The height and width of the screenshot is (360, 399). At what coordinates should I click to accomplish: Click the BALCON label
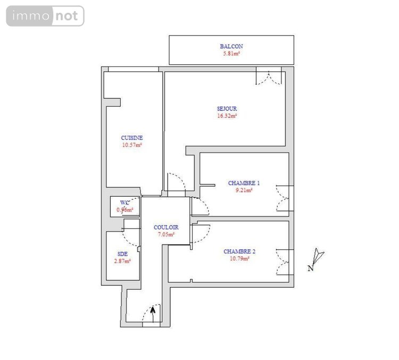coord(231,46)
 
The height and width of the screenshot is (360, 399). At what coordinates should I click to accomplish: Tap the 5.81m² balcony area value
coord(231,54)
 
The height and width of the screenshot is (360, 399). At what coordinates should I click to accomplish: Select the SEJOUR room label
coord(227,108)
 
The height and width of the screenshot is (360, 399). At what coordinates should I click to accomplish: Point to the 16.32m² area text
coord(227,115)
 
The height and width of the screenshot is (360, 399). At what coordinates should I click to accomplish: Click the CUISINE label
coord(132,138)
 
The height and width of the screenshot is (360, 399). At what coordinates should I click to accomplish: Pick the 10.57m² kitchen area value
coord(132,145)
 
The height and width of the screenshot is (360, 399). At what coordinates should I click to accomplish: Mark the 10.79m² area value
coord(239,259)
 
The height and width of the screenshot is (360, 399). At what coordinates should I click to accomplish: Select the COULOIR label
coord(165,227)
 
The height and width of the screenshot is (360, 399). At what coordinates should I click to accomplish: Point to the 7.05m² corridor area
coord(165,234)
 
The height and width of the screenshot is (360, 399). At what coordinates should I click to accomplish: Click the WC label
coord(125,203)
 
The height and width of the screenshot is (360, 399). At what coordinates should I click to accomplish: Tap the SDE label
coord(123,254)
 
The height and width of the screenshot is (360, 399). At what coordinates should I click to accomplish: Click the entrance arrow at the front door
coord(153,313)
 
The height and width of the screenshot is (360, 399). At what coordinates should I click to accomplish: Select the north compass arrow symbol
coord(319,256)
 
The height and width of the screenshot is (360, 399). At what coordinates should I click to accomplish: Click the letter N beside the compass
coord(310,269)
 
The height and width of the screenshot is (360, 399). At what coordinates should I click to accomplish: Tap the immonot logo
coord(45,16)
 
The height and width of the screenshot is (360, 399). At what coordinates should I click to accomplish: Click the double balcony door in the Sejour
coord(269,77)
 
